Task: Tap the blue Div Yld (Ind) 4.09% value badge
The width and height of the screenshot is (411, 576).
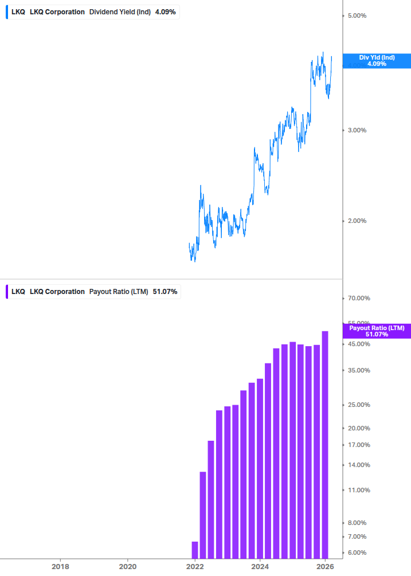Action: click(x=377, y=60)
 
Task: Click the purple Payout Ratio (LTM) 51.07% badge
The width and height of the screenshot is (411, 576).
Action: click(x=377, y=331)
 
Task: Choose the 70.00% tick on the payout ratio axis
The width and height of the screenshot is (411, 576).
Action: click(x=359, y=298)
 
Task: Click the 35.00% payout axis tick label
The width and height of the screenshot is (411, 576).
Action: click(x=359, y=370)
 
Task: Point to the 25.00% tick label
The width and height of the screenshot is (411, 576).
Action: click(x=359, y=405)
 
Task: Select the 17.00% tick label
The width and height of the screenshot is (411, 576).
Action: click(x=359, y=445)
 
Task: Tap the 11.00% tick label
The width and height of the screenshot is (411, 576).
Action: click(x=359, y=490)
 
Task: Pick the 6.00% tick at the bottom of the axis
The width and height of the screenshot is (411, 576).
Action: click(x=358, y=553)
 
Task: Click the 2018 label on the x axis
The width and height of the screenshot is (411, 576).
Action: click(x=60, y=566)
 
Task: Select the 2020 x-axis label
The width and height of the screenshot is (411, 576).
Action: click(x=127, y=566)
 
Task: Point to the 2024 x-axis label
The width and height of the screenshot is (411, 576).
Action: click(x=260, y=566)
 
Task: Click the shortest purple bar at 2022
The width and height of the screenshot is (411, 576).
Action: click(x=195, y=550)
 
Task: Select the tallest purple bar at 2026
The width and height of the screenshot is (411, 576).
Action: click(x=325, y=444)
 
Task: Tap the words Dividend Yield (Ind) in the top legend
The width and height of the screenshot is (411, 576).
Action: click(x=120, y=11)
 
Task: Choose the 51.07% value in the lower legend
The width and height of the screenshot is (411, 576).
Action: click(x=165, y=292)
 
